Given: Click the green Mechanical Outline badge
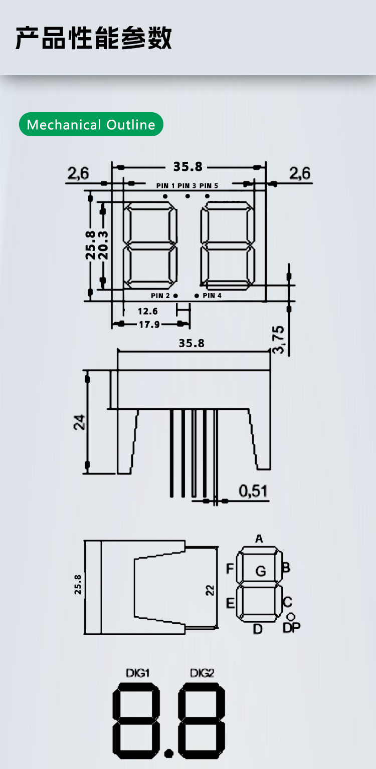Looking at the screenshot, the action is click(91, 124).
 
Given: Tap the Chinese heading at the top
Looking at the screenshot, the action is click(93, 38).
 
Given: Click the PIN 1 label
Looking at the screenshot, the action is click(165, 186).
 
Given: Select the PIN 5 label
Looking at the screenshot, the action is click(209, 186).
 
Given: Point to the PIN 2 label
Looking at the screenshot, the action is click(160, 296).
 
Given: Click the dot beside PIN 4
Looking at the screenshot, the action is click(197, 296).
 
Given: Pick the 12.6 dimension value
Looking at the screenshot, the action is click(148, 312).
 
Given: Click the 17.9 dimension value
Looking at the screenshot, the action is click(149, 325).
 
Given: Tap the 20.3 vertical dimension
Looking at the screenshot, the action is click(103, 245).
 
